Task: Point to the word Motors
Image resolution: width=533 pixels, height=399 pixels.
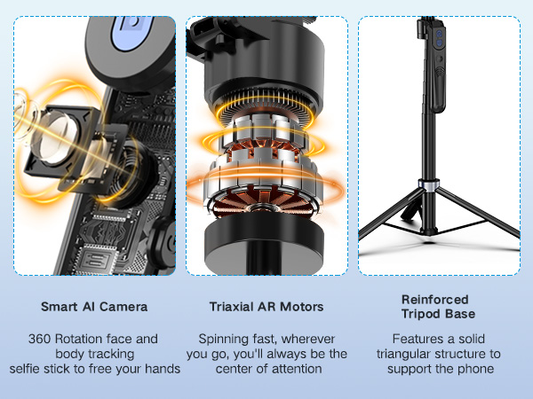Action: (302, 308)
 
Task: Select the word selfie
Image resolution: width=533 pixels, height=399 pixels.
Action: (29, 368)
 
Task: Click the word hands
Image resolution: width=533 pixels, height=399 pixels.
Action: (162, 368)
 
